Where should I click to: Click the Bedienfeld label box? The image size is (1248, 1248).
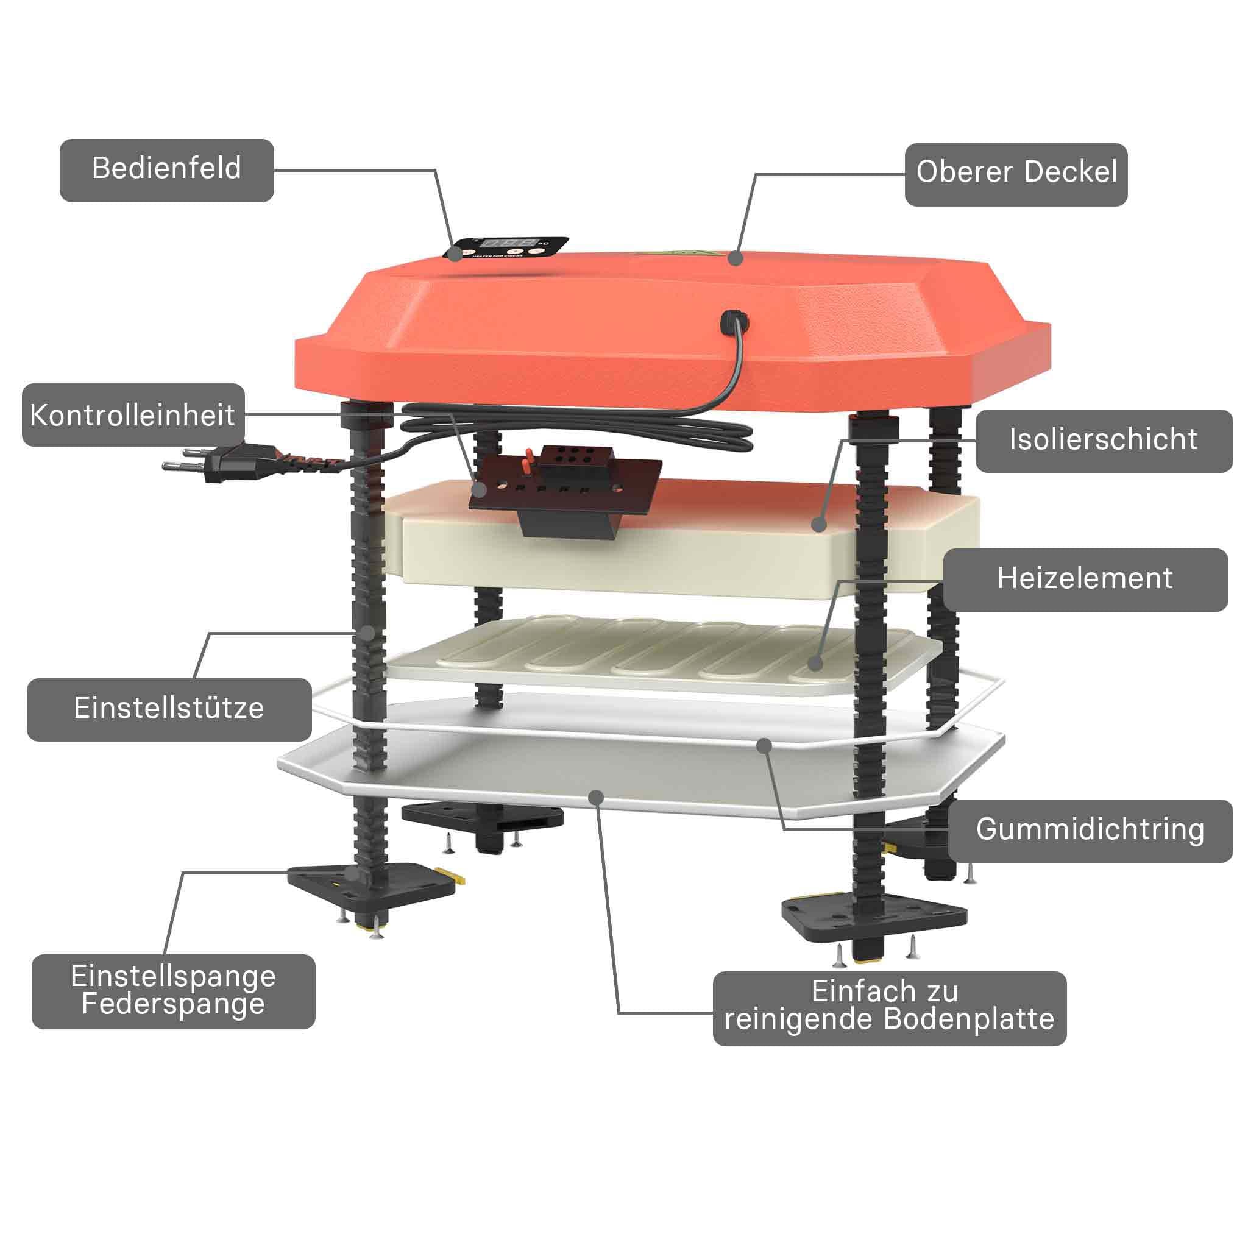tap(166, 171)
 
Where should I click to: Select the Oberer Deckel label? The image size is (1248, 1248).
tap(1016, 174)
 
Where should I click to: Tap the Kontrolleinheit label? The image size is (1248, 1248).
tap(133, 416)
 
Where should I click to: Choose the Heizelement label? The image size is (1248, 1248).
tap(1085, 580)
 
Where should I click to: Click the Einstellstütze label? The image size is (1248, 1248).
tap(169, 710)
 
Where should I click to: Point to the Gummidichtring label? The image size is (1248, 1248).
tap(1090, 831)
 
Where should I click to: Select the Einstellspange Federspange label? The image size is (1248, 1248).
tap(174, 991)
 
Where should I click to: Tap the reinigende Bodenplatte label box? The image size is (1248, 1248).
tap(890, 1009)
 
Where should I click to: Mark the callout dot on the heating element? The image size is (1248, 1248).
tap(815, 663)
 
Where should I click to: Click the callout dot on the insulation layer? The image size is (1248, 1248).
tap(819, 524)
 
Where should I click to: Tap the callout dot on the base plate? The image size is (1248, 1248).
tap(596, 798)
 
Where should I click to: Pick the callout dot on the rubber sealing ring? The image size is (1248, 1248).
tap(765, 746)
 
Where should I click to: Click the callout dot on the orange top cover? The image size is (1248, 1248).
tap(734, 258)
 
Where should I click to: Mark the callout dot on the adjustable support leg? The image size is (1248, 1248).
tap(367, 633)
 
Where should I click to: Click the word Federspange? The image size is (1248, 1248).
tap(174, 1004)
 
